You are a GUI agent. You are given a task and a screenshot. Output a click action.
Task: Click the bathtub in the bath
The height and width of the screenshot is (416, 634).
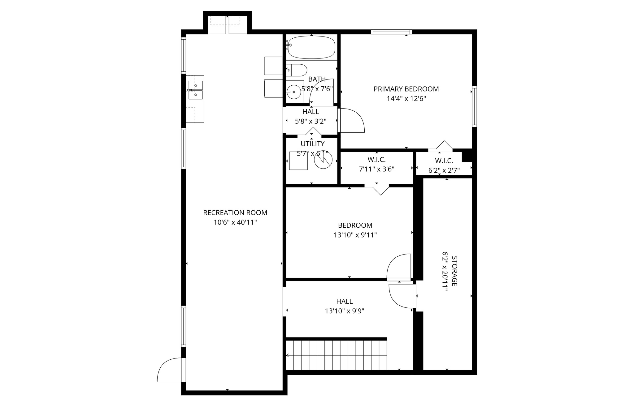[310, 47]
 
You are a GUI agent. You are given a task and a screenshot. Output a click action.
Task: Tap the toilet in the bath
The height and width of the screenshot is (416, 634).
[297, 70]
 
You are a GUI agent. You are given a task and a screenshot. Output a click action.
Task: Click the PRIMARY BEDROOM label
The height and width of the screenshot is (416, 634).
[406, 89]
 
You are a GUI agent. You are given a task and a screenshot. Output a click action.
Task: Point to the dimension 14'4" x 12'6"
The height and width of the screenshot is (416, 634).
[406, 99]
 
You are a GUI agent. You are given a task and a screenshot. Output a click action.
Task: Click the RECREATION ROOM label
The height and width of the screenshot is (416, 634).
[235, 213]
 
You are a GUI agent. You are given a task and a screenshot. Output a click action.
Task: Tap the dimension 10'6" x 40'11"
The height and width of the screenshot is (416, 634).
[235, 222]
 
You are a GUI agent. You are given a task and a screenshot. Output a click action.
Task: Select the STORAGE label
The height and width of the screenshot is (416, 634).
[454, 271]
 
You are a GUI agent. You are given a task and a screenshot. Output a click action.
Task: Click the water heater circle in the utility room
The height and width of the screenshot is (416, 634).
[323, 160]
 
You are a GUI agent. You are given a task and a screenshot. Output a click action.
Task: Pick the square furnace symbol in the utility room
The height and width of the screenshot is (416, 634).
[298, 161]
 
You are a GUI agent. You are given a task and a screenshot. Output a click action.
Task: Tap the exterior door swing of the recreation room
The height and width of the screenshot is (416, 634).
[169, 371]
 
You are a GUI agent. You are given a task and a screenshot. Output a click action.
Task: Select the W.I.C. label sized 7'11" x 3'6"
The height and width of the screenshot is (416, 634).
[376, 160]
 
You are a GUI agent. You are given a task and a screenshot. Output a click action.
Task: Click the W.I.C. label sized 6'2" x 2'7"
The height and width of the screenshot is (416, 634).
[444, 161]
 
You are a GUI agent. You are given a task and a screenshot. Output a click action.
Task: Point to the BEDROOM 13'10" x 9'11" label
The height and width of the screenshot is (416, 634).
[355, 225]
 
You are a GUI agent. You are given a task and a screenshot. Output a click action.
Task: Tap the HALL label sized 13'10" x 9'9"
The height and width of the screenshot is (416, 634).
[344, 301]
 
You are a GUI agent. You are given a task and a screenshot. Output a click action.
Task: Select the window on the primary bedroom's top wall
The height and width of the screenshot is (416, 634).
[391, 32]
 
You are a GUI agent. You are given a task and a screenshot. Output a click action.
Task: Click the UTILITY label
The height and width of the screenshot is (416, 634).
[312, 144]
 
